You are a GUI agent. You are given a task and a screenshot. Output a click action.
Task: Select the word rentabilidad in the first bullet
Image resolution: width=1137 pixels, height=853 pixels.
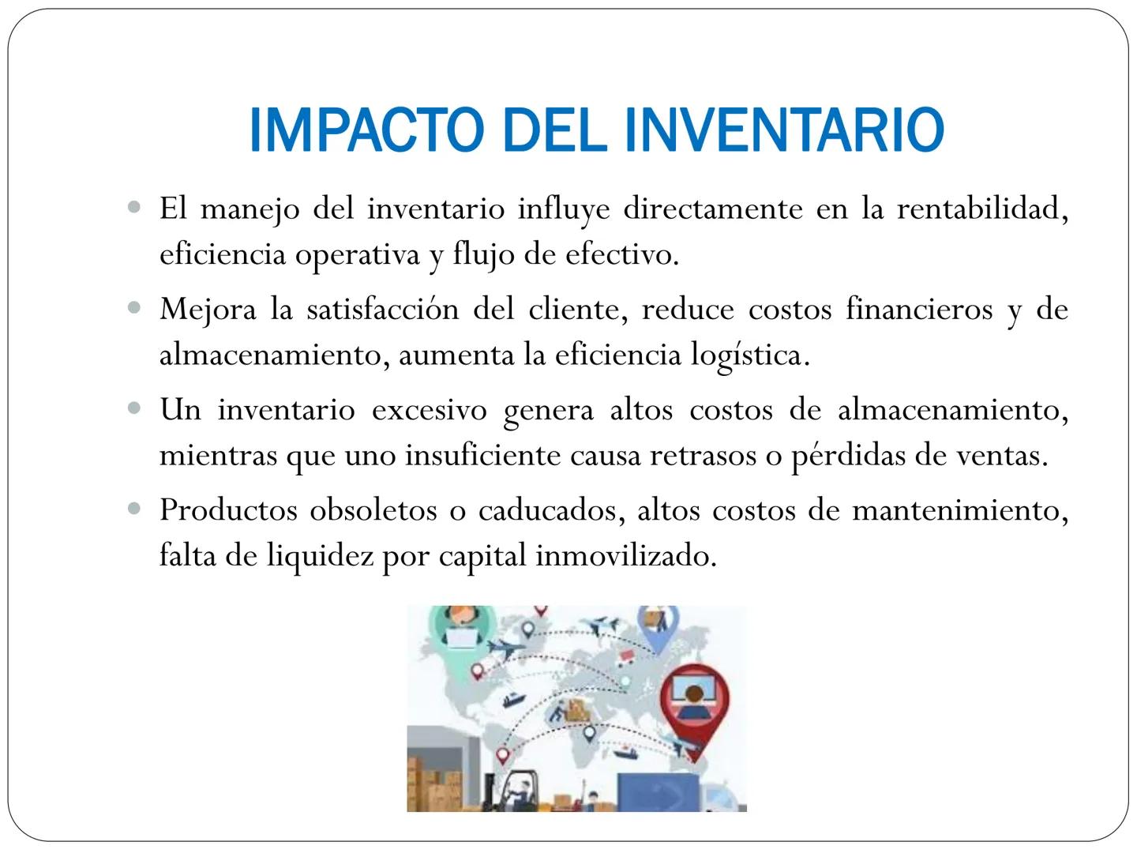[x=982, y=209]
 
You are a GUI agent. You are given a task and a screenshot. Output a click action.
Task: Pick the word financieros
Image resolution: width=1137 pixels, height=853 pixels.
[x=919, y=309]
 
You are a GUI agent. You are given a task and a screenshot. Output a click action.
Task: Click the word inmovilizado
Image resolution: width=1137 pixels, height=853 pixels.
[x=626, y=556]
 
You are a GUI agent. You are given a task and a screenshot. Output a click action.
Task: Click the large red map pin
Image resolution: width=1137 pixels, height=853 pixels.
[x=694, y=705]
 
